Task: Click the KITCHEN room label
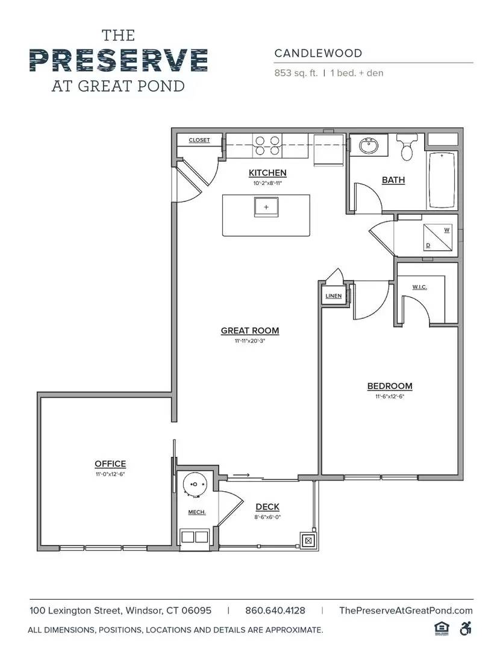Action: pos(267,173)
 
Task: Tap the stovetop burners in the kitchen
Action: pos(268,146)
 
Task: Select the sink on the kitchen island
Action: pos(266,207)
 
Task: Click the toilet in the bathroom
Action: pos(407,147)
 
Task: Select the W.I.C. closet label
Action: pos(420,287)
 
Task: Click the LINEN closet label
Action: pos(333,296)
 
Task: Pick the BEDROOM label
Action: pos(390,386)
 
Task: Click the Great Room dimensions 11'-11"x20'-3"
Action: pos(250,341)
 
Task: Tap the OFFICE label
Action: pos(110,464)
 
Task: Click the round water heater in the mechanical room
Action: pos(195,485)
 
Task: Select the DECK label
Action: pos(267,507)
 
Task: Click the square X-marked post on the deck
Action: pos(308,541)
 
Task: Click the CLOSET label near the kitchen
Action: pos(199,140)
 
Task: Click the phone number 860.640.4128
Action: pos(275,610)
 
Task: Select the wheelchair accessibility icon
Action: pos(465,628)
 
